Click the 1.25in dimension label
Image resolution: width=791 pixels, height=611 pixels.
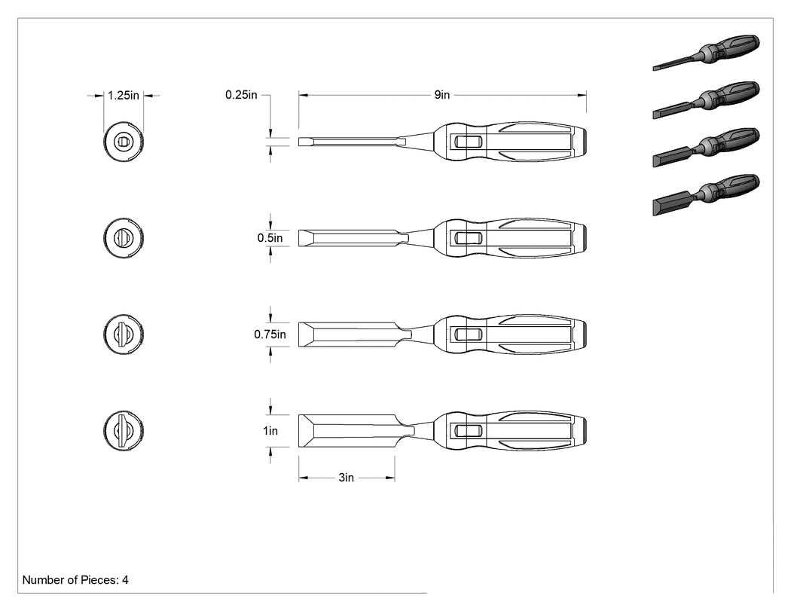[x=123, y=96]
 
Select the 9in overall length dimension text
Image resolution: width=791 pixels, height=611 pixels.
[x=442, y=95]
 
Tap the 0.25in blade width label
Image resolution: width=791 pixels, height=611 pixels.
[x=241, y=95]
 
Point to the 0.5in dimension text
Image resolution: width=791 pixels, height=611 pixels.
[x=270, y=237]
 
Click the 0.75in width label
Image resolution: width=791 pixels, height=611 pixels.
[x=270, y=334]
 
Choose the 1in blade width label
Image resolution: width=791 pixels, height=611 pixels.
[x=270, y=430]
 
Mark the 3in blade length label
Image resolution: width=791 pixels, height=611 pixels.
[x=346, y=478]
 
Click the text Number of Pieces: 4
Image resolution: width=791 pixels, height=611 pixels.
[x=75, y=579]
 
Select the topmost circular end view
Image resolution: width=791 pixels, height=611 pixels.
[x=124, y=142]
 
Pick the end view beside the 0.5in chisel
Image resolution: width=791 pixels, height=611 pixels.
[x=124, y=237]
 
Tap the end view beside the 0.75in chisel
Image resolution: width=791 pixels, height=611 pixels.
[x=124, y=334]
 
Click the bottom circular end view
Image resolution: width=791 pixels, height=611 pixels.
[x=124, y=430]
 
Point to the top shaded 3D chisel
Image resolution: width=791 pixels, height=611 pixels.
[x=706, y=53]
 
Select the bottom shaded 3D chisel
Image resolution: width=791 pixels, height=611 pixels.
[x=706, y=195]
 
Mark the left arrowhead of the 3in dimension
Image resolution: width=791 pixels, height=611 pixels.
[x=303, y=478]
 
